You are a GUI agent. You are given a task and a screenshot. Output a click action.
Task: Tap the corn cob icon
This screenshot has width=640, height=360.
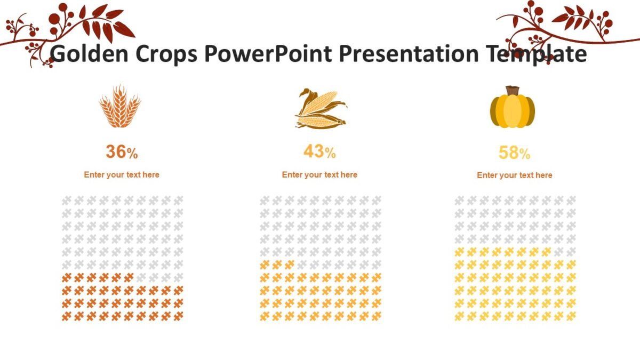320,109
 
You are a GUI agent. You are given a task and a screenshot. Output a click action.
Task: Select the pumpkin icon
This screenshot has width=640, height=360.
512,109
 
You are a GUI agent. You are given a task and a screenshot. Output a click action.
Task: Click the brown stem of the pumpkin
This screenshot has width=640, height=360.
513,90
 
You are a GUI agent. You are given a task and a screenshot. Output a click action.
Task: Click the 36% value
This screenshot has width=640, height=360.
122,153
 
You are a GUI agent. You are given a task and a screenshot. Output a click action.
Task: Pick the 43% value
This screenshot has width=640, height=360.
319,152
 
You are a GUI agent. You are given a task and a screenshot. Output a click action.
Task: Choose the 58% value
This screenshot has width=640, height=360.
514,153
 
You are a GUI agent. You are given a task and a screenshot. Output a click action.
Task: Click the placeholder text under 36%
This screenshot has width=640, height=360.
122,174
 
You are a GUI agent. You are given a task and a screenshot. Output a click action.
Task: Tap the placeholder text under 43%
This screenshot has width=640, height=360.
319,174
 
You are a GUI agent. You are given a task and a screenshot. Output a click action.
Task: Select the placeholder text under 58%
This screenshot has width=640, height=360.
514,175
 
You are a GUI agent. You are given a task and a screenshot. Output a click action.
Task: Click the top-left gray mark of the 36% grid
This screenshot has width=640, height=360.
66,201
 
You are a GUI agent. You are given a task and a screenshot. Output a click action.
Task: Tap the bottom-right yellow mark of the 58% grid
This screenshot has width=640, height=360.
571,316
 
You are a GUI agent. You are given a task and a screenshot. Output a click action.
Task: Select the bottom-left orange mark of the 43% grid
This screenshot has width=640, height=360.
264,316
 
